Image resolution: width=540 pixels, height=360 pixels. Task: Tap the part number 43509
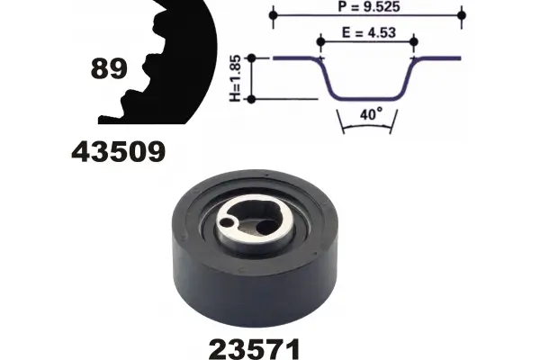118,151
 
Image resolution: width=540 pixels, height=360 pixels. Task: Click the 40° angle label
368,115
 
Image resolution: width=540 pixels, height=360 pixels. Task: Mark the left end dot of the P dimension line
273,15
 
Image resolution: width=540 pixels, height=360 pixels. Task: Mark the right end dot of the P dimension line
462,15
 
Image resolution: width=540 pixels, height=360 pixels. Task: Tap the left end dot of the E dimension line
319,40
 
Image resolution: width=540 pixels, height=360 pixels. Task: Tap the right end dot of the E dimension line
414,40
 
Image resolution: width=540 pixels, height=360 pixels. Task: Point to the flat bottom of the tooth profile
367,98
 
